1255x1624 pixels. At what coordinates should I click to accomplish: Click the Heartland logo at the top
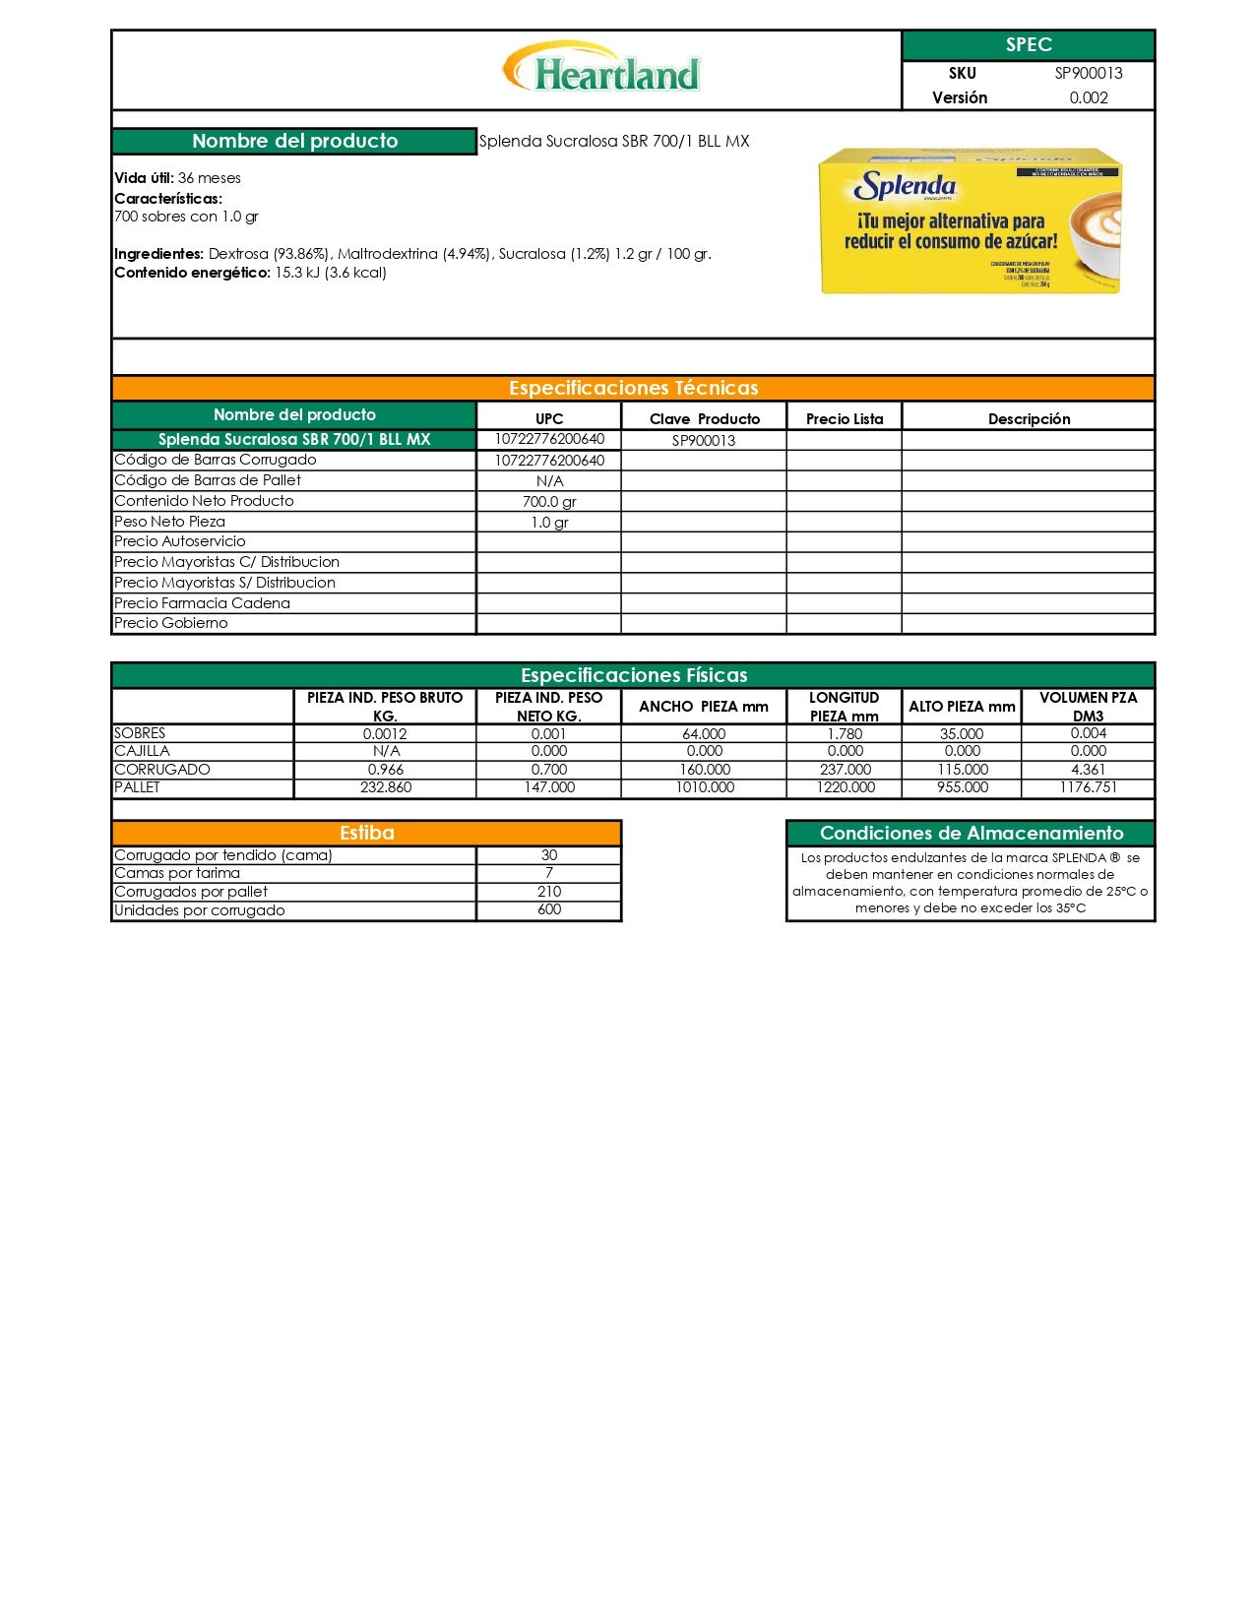click(601, 69)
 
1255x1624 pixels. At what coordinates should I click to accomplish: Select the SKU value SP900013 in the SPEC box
click(1088, 73)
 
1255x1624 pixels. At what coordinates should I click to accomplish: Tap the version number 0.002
click(1088, 97)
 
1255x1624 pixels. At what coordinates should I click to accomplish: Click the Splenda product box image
click(970, 220)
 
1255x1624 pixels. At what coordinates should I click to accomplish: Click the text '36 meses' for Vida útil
click(210, 178)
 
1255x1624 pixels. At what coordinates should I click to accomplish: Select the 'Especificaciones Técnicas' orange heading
click(633, 388)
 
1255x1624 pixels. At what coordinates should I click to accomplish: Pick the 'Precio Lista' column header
click(844, 418)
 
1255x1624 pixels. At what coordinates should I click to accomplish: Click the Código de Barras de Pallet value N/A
click(549, 481)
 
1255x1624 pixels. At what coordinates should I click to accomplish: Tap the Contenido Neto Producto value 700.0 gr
click(549, 502)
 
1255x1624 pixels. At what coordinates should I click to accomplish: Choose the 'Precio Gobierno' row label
click(171, 623)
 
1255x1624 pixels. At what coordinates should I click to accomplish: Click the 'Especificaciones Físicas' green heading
click(633, 675)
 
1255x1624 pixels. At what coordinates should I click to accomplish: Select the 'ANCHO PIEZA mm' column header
click(703, 706)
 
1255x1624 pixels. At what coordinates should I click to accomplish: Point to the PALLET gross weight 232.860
click(386, 787)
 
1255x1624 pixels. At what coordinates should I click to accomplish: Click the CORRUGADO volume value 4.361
click(1088, 770)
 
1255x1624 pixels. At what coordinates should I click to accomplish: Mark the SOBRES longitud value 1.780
click(845, 733)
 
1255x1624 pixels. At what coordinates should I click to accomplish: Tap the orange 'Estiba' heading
click(366, 833)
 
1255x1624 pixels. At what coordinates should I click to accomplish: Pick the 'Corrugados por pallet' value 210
click(549, 892)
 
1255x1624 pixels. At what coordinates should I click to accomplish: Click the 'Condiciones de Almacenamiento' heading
click(971, 833)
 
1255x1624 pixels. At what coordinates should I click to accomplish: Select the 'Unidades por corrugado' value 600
click(549, 909)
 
